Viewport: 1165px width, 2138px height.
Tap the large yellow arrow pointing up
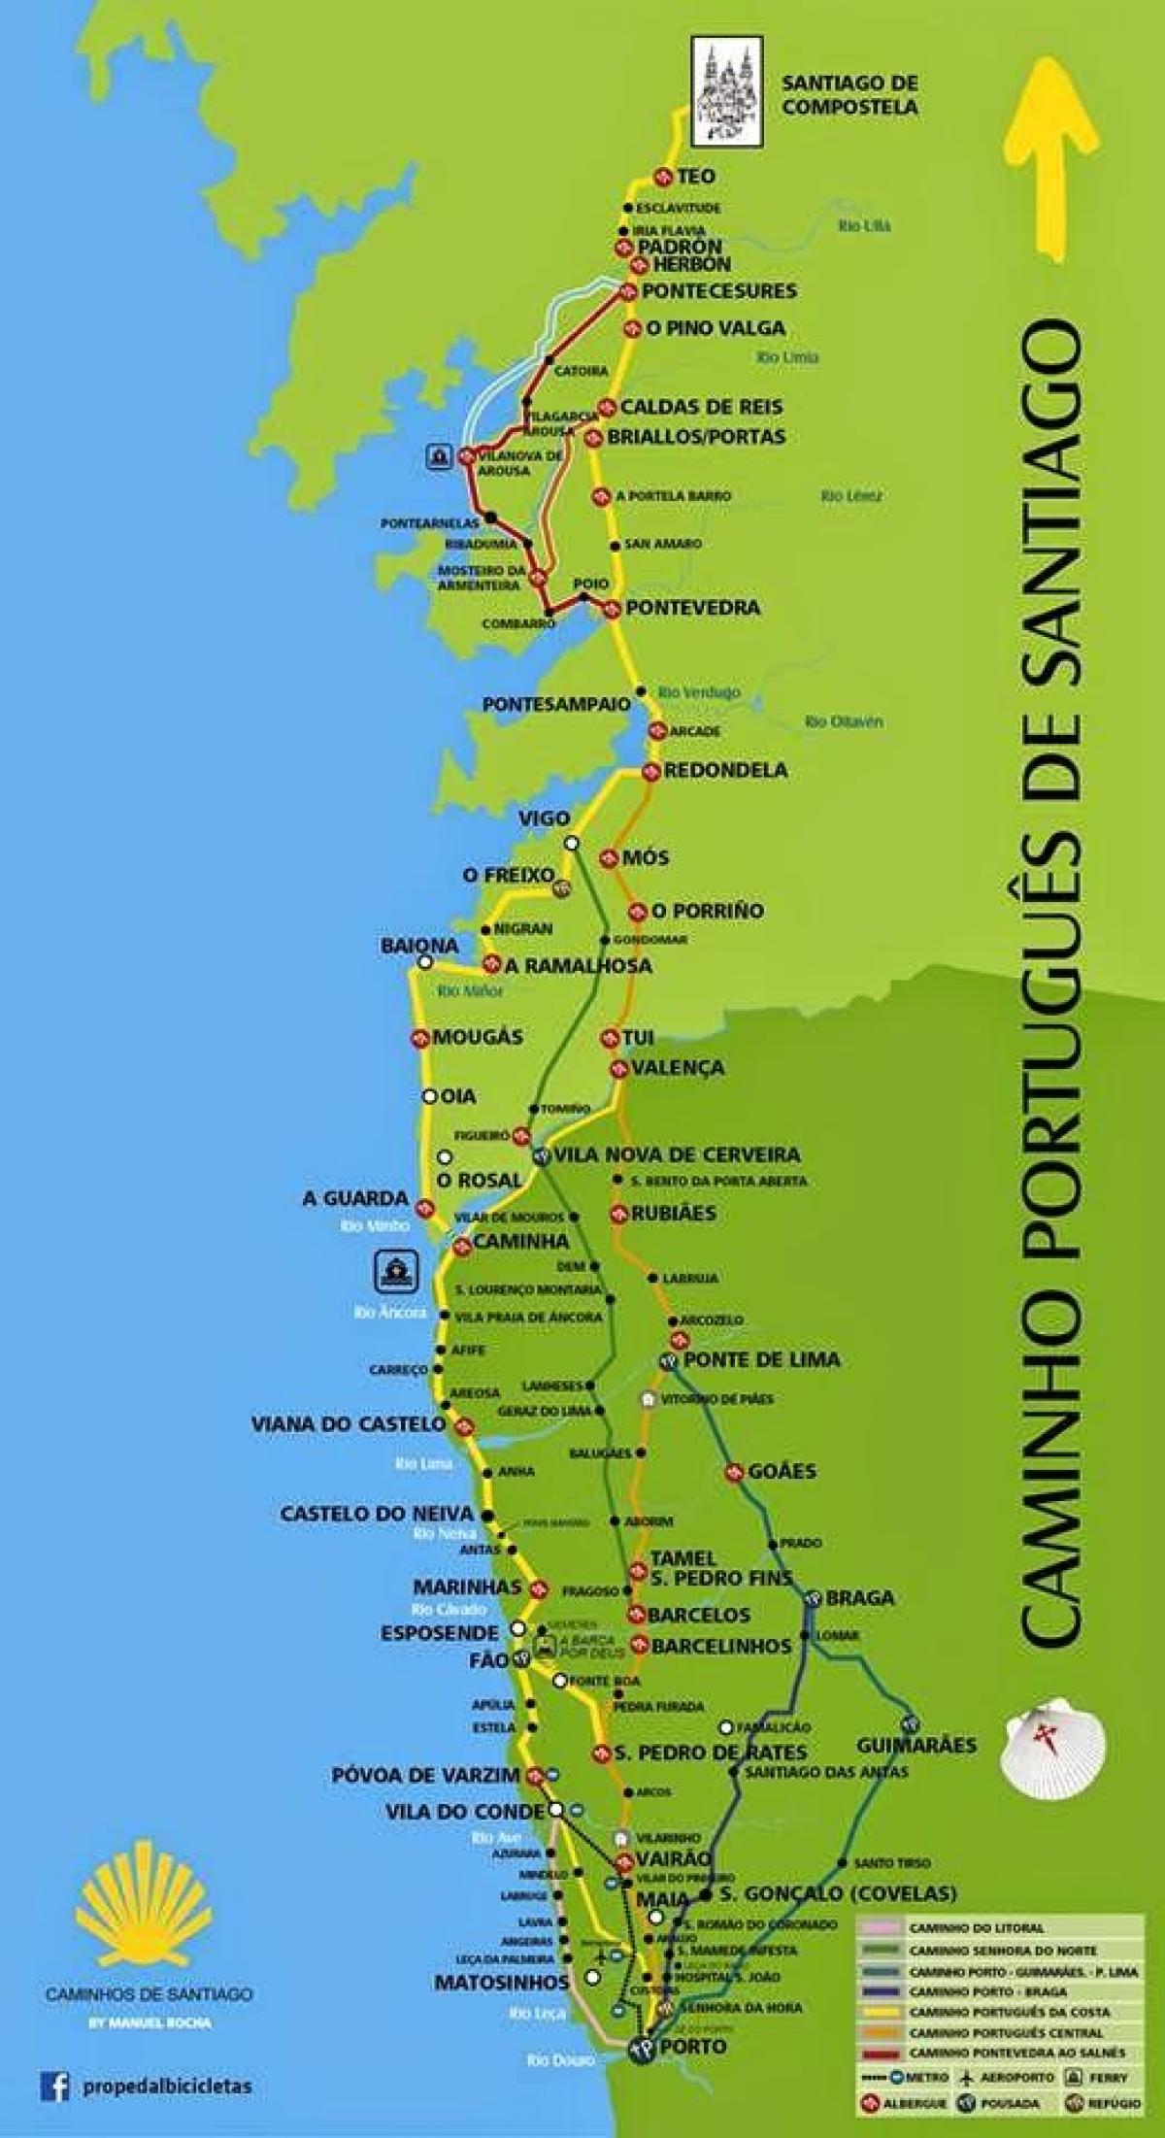tap(1048, 155)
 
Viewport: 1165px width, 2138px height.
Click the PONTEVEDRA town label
tap(692, 608)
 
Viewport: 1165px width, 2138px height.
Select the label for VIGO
tap(544, 818)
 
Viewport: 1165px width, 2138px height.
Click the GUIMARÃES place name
tap(915, 1745)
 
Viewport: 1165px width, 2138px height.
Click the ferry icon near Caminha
tap(398, 1270)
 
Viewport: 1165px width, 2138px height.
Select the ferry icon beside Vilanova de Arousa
tap(439, 455)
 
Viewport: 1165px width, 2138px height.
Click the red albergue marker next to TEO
tap(663, 177)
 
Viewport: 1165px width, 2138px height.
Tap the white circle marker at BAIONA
tap(424, 963)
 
